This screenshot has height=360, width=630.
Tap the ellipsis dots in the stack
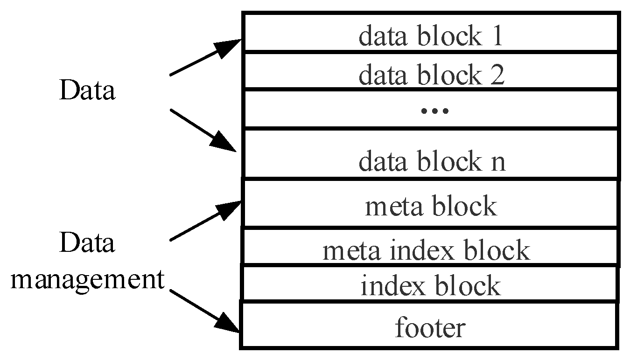click(434, 111)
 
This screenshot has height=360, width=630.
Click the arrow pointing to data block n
click(203, 131)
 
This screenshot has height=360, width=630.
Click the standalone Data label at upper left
click(87, 91)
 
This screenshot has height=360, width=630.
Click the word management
click(88, 280)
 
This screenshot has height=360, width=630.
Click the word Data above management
click(87, 243)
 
